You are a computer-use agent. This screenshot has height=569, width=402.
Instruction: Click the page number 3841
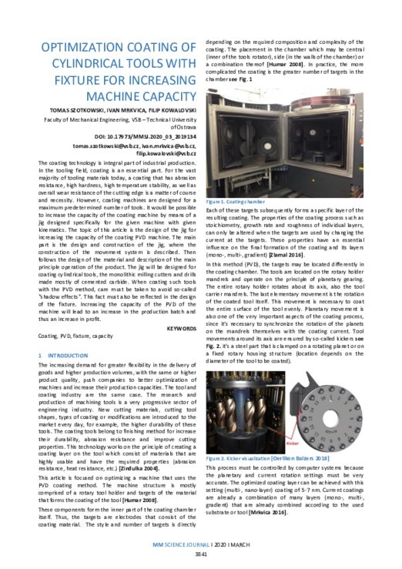tap(200, 555)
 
